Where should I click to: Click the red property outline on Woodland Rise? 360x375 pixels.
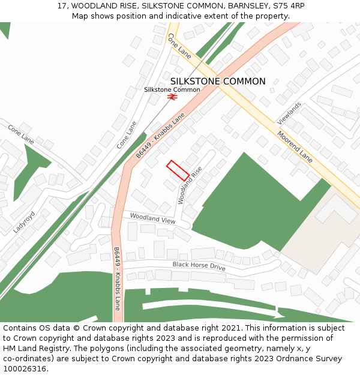point(178,170)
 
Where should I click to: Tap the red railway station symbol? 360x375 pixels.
point(172,97)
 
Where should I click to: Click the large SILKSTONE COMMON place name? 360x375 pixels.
point(218,82)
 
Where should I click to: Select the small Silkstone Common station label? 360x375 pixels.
point(172,89)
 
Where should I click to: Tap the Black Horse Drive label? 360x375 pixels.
point(199,266)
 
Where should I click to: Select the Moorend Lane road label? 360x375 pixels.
point(295,146)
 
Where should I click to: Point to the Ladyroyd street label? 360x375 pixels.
point(24,221)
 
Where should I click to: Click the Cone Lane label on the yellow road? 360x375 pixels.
point(179,46)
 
